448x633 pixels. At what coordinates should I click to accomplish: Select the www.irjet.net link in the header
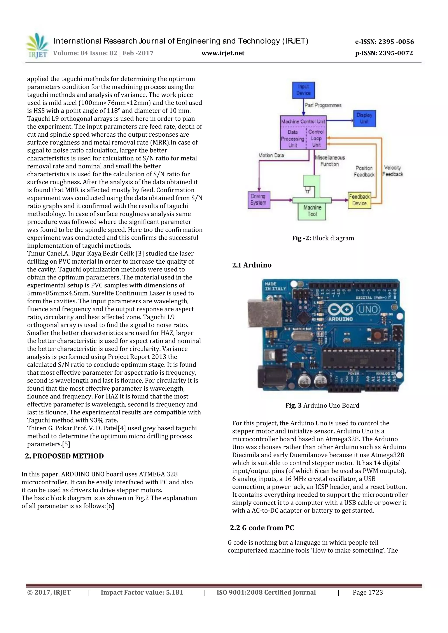(x=223, y=53)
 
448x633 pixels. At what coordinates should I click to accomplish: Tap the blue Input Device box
(x=303, y=90)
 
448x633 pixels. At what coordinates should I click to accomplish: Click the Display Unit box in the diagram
(x=364, y=118)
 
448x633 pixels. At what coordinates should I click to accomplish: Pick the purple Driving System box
(x=259, y=200)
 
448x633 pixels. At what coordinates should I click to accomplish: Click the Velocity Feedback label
(x=393, y=171)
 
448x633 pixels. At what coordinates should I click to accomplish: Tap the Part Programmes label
(x=323, y=105)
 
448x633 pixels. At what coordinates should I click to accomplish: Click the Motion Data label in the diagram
(x=271, y=155)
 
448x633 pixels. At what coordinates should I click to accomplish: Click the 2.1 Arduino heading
(x=252, y=265)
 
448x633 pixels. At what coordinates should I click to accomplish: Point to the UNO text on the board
(x=368, y=309)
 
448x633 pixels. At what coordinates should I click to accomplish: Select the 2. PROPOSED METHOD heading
(x=65, y=456)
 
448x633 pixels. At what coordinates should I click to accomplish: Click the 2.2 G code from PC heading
(x=262, y=528)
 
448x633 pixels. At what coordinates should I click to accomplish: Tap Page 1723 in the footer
(x=368, y=593)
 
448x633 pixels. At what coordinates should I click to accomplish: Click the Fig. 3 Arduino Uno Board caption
(x=322, y=405)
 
